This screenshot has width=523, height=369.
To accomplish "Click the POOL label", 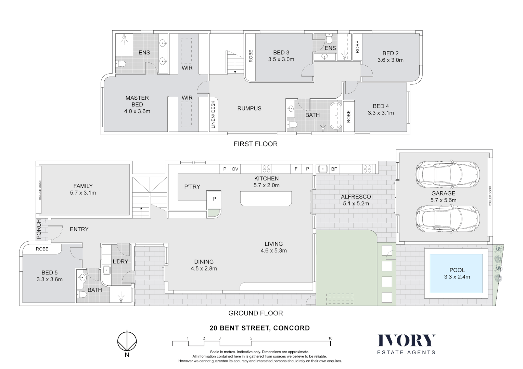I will [457, 270].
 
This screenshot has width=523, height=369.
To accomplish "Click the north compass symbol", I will [127, 341].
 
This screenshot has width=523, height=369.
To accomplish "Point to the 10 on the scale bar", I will [330, 338].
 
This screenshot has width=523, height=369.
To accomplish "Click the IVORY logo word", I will [406, 341].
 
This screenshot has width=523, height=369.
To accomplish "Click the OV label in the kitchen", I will [235, 169].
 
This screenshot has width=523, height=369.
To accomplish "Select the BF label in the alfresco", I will [334, 169].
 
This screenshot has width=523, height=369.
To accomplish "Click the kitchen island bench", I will [266, 199].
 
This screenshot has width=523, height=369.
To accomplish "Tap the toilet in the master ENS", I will [120, 64].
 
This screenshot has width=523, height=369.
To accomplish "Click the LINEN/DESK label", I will [213, 114].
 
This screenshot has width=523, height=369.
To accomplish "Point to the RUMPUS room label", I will [249, 108].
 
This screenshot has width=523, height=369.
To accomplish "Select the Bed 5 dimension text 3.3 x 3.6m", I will [50, 279].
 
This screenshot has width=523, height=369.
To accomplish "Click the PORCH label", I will [39, 229].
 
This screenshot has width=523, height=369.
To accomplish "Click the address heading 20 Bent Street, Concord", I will [259, 328].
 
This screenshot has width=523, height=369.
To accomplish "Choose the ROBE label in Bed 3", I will [251, 56].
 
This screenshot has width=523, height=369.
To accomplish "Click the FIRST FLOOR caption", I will [255, 144].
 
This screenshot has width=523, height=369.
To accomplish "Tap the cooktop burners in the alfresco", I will [367, 169].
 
